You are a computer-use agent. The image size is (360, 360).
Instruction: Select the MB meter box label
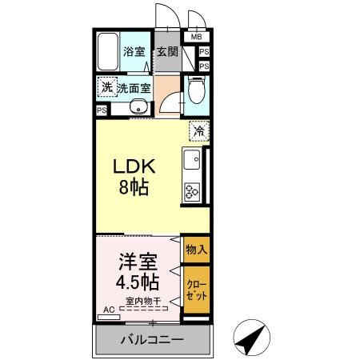[196, 36]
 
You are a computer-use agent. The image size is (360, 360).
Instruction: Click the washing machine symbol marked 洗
[106, 87]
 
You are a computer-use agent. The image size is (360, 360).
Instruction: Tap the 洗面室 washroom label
[134, 88]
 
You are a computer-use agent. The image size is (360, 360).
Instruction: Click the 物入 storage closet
[196, 250]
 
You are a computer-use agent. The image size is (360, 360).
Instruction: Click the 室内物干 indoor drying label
[142, 302]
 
